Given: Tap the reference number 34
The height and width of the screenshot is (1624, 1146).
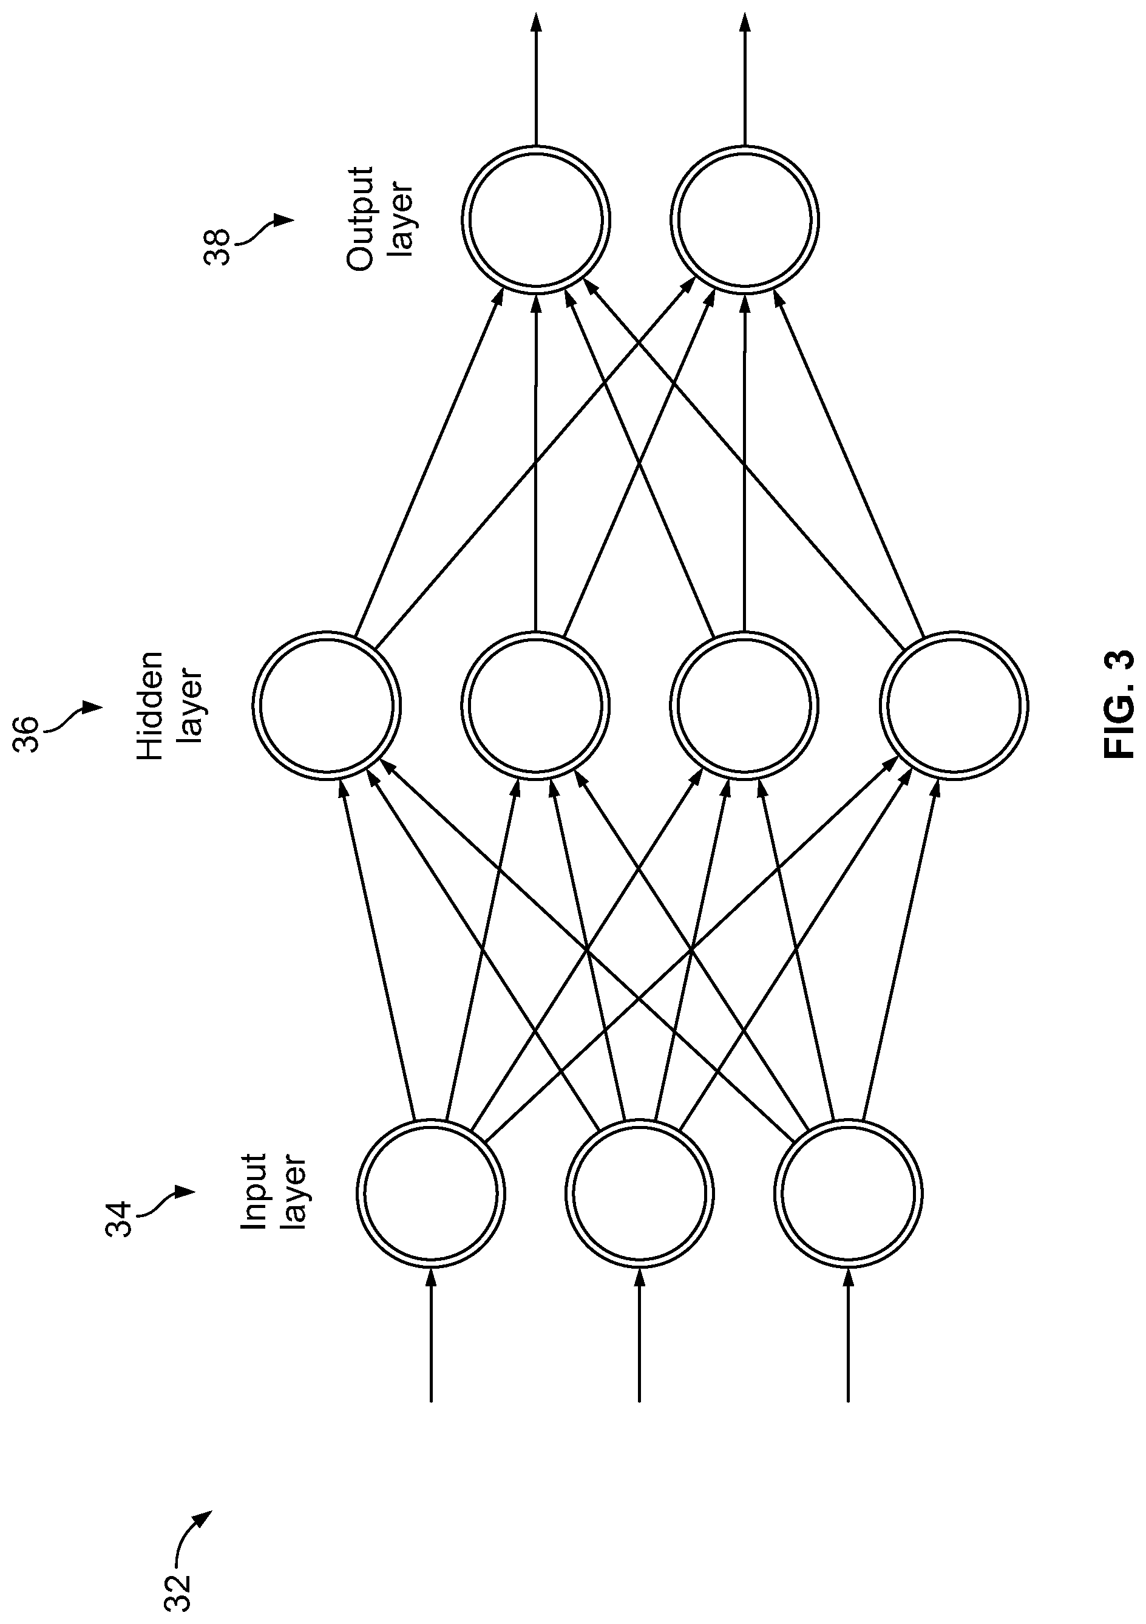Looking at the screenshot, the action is point(120,1218).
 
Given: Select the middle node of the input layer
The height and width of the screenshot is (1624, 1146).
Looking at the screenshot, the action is point(639,1194).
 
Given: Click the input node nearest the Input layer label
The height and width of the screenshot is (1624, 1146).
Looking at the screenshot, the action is point(430,1194).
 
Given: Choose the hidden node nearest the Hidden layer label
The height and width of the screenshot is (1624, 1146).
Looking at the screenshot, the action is point(327,705).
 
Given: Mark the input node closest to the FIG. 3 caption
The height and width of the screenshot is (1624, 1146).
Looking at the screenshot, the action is point(849,1194).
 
